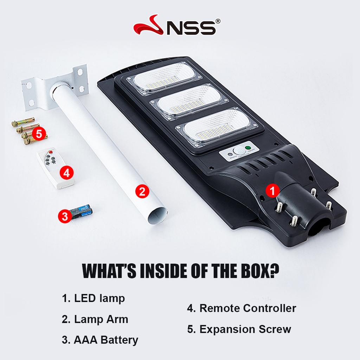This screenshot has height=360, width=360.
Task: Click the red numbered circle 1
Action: click(x=272, y=191)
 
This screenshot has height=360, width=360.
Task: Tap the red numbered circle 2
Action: click(x=142, y=191)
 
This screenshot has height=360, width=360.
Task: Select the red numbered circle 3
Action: click(x=65, y=216)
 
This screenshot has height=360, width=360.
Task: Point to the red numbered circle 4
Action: click(x=66, y=173)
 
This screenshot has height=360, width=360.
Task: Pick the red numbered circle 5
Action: click(x=39, y=134)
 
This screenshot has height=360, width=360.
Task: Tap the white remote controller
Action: click(x=56, y=168)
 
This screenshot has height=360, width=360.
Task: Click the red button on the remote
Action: click(x=51, y=152)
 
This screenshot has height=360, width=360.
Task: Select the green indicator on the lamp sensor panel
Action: click(x=248, y=148)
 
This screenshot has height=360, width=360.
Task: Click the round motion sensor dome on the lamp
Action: click(x=239, y=152)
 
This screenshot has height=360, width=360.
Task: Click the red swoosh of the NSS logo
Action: click(x=149, y=25)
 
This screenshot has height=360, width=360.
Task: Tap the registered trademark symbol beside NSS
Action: click(x=218, y=21)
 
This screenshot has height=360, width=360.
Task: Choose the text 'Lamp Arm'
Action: click(x=101, y=319)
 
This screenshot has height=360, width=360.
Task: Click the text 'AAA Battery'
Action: click(x=106, y=340)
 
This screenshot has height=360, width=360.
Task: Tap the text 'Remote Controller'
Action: click(x=248, y=308)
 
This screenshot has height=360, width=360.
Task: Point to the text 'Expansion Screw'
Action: click(x=245, y=329)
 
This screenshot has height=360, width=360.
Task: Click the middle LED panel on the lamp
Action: click(x=189, y=101)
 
